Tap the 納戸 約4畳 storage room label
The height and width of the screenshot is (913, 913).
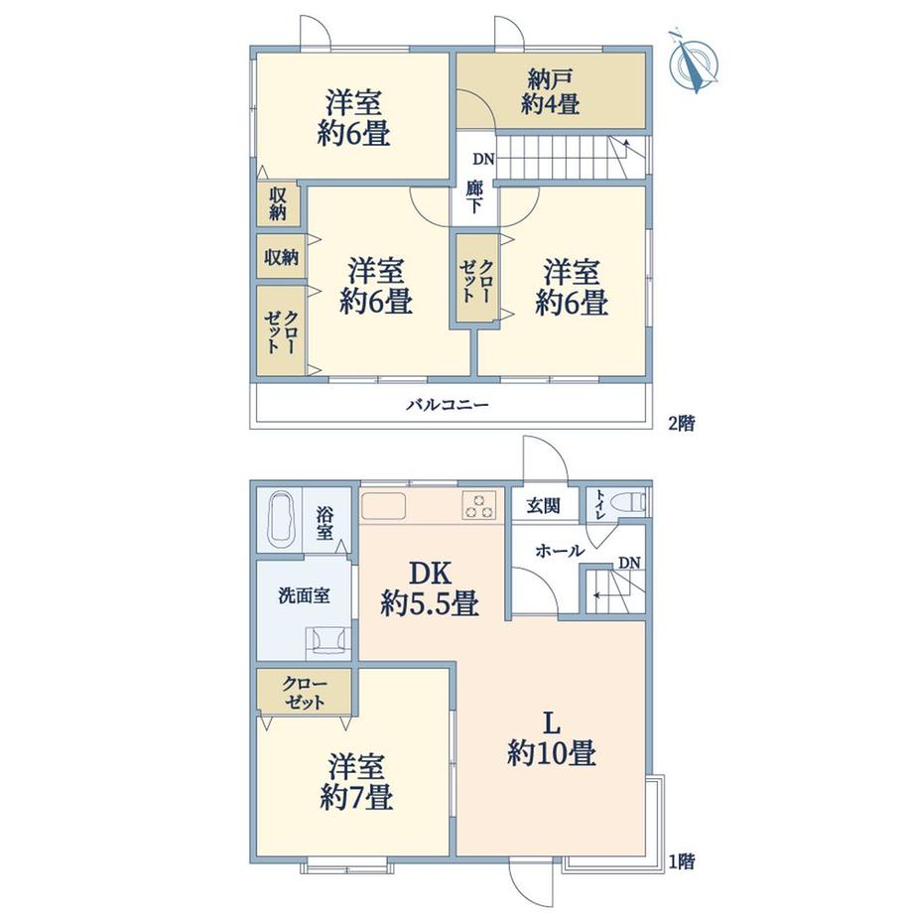550,91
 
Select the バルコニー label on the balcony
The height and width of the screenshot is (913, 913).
448,404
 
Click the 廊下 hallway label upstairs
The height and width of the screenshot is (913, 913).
474,196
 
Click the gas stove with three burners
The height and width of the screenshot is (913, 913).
479,505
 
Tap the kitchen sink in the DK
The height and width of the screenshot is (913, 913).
383,505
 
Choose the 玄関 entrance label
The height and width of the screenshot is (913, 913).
544,506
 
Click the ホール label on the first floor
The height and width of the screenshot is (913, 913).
560,550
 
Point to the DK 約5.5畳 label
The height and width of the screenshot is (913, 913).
431,589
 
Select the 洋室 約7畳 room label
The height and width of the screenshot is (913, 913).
355,783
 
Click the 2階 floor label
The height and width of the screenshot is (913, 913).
681,423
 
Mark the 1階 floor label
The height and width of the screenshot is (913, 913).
681,861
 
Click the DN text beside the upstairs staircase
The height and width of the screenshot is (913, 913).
483,159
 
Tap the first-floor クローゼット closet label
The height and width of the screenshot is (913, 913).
305,693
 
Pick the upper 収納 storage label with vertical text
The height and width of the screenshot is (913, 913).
278,203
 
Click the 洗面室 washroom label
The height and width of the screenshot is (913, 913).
304,595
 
